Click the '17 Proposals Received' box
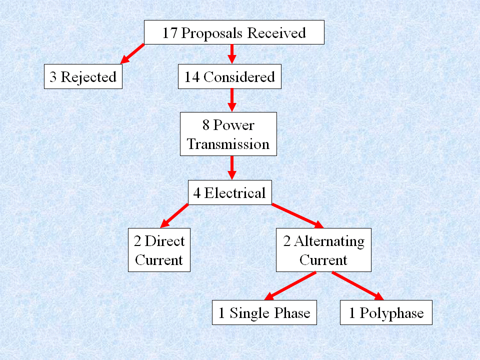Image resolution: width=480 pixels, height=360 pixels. click(234, 33)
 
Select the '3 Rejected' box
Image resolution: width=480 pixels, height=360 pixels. click(83, 77)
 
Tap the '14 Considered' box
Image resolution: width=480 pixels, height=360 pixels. click(229, 77)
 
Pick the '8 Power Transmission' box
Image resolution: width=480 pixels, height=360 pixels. click(228, 134)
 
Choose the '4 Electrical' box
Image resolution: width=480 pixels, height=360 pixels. click(229, 192)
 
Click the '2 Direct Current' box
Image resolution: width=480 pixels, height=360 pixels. click(159, 250)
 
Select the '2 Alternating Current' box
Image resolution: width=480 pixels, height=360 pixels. click(324, 250)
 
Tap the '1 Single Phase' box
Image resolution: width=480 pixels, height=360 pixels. click(264, 313)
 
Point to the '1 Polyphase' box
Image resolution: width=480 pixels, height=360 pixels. click(386, 313)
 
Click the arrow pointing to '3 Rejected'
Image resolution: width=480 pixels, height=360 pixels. click(132, 54)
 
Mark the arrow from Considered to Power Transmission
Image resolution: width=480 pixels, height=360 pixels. click(231, 100)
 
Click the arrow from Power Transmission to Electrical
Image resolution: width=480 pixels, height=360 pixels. click(231, 167)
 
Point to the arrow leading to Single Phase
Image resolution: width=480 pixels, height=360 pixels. click(290, 286)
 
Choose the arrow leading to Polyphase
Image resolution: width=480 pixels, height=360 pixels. click(357, 286)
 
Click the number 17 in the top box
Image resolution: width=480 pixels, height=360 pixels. click(169, 33)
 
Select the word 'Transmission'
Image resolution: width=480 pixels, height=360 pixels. click(228, 144)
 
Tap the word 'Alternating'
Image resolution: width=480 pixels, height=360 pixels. click(329, 241)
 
